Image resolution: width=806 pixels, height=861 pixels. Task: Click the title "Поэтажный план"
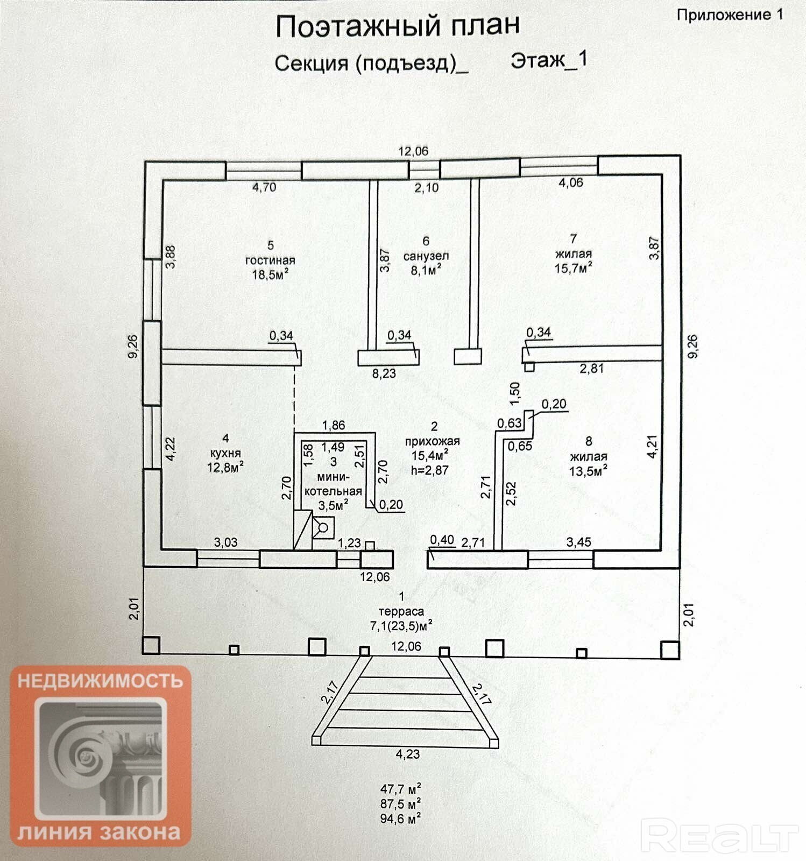tap(398, 25)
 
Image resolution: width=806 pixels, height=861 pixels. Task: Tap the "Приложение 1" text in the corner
tap(730, 15)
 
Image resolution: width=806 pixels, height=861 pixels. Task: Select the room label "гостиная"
tap(270, 260)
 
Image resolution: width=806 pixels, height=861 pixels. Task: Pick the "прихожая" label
tap(432, 441)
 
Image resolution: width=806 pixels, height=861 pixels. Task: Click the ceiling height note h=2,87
tap(429, 470)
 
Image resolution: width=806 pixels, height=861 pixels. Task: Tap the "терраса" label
tap(401, 611)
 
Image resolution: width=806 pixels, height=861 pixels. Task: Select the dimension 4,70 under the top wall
tap(264, 187)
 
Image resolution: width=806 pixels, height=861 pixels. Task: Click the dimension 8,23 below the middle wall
tap(384, 373)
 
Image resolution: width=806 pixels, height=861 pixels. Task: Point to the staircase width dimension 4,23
tap(407, 754)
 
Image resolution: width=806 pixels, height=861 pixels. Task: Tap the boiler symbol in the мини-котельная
tap(323, 527)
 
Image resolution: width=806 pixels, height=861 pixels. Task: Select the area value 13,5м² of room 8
tap(589, 471)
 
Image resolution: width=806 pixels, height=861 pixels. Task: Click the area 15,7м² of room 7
tap(574, 267)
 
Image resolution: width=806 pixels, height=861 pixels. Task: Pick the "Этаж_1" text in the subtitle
tap(549, 60)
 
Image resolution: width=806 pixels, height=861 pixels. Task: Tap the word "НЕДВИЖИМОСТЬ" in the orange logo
tap(101, 681)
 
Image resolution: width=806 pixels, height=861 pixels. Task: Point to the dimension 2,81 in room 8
tap(591, 369)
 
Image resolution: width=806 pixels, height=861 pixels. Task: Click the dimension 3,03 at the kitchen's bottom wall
tap(225, 542)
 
